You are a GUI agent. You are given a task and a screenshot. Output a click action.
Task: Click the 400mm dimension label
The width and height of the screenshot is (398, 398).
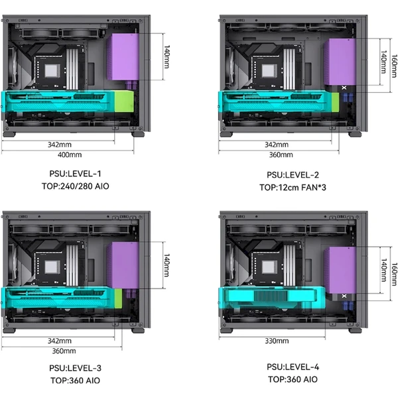click(x=70, y=155)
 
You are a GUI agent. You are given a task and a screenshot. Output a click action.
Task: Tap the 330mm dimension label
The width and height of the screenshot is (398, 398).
click(x=277, y=341)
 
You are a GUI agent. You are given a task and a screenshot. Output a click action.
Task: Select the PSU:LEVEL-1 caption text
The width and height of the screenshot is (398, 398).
click(x=76, y=174)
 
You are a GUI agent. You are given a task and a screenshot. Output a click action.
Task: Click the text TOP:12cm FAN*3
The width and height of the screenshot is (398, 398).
click(x=293, y=187)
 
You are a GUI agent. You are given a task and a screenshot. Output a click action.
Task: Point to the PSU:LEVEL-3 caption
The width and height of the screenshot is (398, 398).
click(x=76, y=368)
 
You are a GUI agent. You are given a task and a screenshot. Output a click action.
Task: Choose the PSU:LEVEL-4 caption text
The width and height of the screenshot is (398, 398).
click(x=293, y=367)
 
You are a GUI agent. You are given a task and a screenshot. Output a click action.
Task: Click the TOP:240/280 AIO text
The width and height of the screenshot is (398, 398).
click(x=76, y=186)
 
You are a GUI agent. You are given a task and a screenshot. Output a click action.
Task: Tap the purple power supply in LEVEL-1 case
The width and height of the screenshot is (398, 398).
click(x=123, y=57)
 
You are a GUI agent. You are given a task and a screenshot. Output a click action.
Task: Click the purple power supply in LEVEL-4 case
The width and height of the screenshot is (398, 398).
click(x=340, y=270)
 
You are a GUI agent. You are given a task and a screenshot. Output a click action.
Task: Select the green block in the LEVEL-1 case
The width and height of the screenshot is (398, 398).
click(x=124, y=101)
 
